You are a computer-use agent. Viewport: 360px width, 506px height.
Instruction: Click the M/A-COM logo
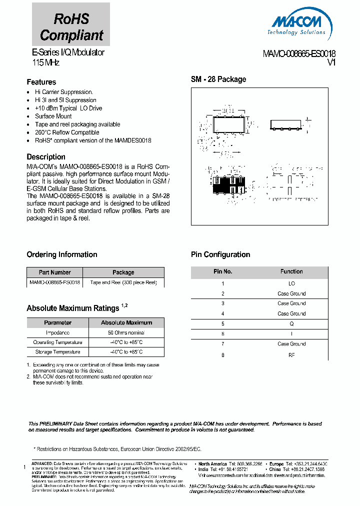(299, 25)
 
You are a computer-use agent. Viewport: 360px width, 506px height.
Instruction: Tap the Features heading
(41, 82)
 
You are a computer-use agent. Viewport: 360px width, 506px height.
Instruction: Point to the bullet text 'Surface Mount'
(53, 116)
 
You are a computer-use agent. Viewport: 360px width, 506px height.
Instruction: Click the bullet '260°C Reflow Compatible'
(67, 132)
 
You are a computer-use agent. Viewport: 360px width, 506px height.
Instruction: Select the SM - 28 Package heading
(218, 79)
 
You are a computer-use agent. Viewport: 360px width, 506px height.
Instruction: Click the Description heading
(46, 156)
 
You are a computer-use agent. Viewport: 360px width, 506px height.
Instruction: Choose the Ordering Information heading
(61, 254)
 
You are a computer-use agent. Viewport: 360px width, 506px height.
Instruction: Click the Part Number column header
(54, 272)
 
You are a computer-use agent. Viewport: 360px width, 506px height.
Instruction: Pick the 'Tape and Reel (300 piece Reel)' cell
(123, 282)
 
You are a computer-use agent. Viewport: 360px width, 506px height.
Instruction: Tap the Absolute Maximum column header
(126, 322)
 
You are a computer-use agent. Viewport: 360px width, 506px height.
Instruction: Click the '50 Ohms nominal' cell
(126, 332)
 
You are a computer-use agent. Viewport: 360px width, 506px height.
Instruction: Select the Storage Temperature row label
(57, 352)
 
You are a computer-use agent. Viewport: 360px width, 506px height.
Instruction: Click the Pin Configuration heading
(220, 254)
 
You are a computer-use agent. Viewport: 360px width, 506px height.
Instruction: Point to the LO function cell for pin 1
(291, 283)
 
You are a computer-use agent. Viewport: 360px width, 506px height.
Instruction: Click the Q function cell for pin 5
(291, 323)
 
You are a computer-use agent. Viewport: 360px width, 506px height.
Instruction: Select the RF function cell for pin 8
(291, 354)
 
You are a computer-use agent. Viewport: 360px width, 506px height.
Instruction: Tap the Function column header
(291, 271)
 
